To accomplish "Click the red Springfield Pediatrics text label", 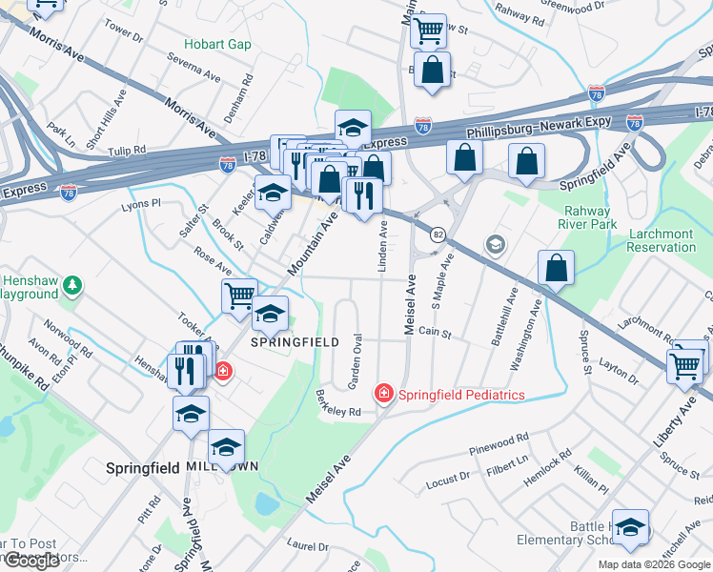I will pos(461,394).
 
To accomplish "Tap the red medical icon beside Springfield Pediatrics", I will pos(383,393).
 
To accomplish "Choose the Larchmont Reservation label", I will pos(662,240).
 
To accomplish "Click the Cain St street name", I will pos(434,333).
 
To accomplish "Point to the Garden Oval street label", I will pos(356,361).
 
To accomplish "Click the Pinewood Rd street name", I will pos(499,443).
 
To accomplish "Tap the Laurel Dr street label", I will pos(307,547).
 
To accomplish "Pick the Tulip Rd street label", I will pos(126,151).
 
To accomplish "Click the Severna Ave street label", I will pos(193,69).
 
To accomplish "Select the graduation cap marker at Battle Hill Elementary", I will pos(630,527).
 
